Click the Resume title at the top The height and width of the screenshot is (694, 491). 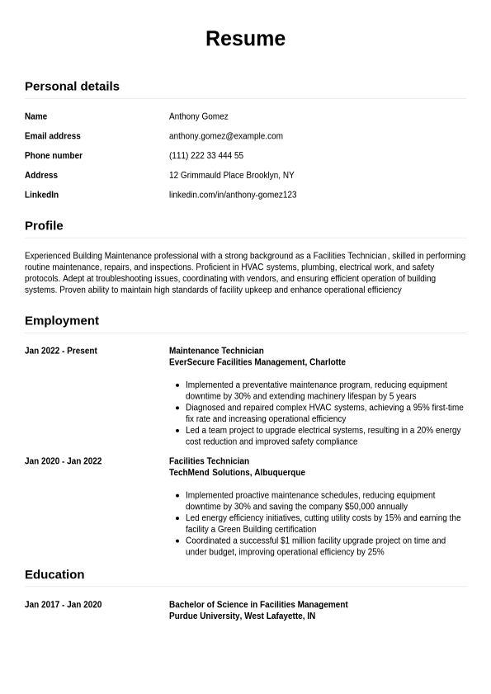coord(245,39)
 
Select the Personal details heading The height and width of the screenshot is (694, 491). coord(72,86)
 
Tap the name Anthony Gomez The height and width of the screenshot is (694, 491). coord(198,116)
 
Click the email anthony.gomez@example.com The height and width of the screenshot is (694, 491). coord(225,136)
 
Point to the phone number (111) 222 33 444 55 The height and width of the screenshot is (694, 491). coord(205,155)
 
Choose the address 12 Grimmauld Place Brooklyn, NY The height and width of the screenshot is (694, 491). coord(231,175)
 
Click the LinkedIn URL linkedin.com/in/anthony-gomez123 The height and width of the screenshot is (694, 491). coord(233,195)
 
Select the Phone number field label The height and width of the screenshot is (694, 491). coord(54,155)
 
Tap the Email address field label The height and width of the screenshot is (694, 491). coord(53,136)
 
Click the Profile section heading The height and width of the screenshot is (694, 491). coord(44,225)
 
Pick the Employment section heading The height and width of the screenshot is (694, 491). coord(62,320)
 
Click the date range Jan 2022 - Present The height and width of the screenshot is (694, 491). coord(61,351)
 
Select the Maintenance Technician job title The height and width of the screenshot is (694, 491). coord(216,351)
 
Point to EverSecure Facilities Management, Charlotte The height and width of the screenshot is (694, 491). coord(257,362)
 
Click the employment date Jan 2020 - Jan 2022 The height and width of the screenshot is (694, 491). coord(64,461)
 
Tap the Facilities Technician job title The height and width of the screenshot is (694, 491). coord(209,461)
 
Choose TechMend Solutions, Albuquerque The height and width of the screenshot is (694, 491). coord(237,473)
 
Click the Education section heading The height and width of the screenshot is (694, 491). coord(54,574)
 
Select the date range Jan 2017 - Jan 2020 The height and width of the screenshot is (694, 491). coord(64,605)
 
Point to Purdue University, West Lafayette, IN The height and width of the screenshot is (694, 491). coord(242,616)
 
